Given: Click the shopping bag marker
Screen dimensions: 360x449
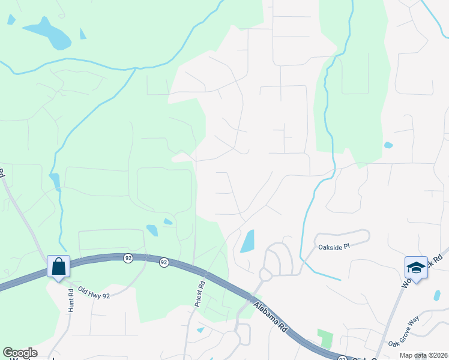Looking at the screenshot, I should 59,266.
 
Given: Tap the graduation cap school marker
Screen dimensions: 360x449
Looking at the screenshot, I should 416,266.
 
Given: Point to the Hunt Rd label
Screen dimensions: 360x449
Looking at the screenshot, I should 70,299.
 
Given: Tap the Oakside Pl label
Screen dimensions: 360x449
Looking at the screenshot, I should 333,247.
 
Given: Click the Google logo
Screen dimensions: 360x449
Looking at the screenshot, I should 20,353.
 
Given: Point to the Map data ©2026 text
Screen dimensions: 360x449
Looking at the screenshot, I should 423,355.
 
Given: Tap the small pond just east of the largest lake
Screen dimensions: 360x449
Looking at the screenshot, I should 83,34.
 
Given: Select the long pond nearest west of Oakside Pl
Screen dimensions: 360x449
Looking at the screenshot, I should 247,241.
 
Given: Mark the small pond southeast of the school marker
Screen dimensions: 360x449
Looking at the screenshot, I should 436,295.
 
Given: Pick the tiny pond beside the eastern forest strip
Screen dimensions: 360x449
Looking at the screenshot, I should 388,145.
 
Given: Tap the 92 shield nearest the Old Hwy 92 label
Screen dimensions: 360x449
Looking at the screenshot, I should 128,257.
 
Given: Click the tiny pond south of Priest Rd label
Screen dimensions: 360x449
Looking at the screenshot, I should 200,329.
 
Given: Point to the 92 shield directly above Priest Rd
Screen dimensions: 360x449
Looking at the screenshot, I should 164,262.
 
